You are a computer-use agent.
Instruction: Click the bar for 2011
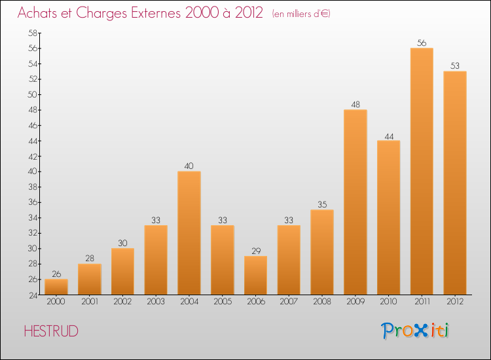[422, 171]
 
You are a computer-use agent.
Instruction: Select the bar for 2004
[189, 233]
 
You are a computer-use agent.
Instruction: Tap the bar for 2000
[56, 287]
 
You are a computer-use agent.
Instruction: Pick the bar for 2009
[355, 202]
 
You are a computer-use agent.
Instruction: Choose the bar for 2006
[255, 275]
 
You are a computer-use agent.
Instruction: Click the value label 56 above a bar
[422, 43]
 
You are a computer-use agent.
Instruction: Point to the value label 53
[455, 66]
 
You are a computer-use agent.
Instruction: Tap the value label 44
[388, 135]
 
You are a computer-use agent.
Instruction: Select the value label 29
[255, 251]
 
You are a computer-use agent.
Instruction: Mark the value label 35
[322, 205]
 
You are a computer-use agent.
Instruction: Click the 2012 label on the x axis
[455, 302]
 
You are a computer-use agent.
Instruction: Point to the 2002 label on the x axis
[122, 302]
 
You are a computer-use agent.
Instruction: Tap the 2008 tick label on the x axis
[322, 302]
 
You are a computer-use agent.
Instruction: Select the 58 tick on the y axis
[32, 33]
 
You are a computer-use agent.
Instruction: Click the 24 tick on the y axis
[32, 295]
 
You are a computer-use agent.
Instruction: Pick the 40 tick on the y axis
[32, 171]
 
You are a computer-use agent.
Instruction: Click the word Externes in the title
[155, 13]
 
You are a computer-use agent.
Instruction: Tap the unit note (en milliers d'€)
[300, 14]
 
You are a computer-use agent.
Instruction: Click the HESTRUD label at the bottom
[51, 331]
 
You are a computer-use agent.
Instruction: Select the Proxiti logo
[416, 331]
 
